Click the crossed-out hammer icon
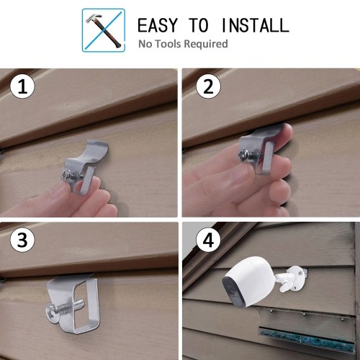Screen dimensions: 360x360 pos(104,30)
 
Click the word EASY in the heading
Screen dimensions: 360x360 pos(158,25)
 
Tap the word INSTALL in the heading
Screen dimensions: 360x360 pos(256,25)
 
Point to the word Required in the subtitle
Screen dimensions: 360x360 pos(206,44)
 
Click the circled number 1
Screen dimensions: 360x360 pos(22,86)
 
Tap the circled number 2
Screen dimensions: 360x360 pos(208,86)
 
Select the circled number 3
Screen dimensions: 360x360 pos(22,240)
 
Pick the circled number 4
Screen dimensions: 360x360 pos(208,240)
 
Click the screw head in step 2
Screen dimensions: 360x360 pos(243,155)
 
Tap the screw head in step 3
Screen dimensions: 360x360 pos(53,313)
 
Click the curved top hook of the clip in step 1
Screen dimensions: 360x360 pos(95,149)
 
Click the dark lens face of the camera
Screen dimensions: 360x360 pos(233,291)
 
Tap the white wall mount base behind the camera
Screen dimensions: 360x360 pos(299,279)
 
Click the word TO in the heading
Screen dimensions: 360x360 pos(199,25)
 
